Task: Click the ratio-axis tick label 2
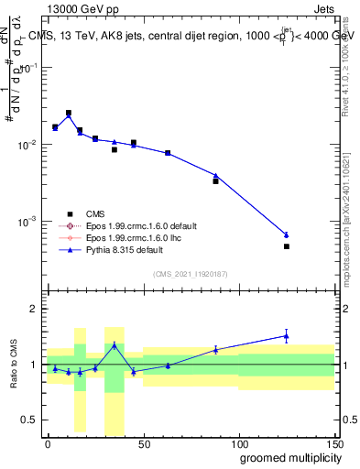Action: point(34,309)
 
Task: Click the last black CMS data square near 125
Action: point(287,246)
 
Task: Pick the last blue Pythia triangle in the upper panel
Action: point(287,235)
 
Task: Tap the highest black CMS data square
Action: point(69,114)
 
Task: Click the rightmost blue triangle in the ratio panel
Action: point(287,336)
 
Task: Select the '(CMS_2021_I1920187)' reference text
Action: point(189,274)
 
